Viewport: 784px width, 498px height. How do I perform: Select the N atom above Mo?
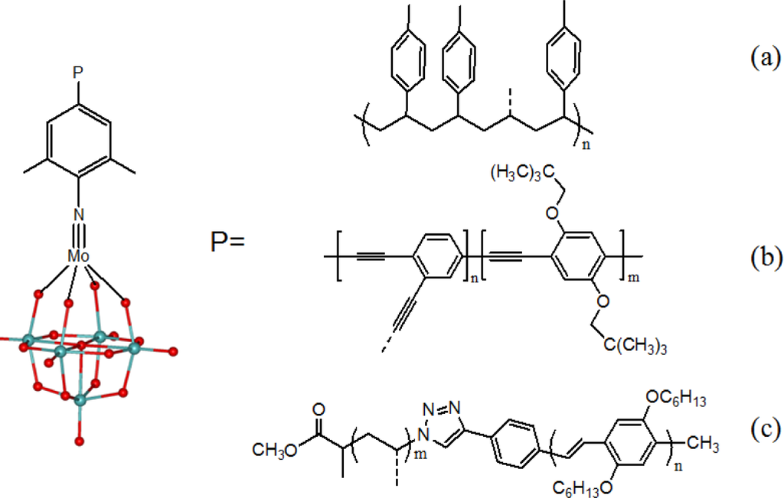click(x=78, y=216)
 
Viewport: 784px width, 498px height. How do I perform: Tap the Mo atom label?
click(x=79, y=256)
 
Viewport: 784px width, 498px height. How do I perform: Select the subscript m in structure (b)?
click(x=632, y=278)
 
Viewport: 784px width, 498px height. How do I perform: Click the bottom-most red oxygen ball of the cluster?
click(x=79, y=441)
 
